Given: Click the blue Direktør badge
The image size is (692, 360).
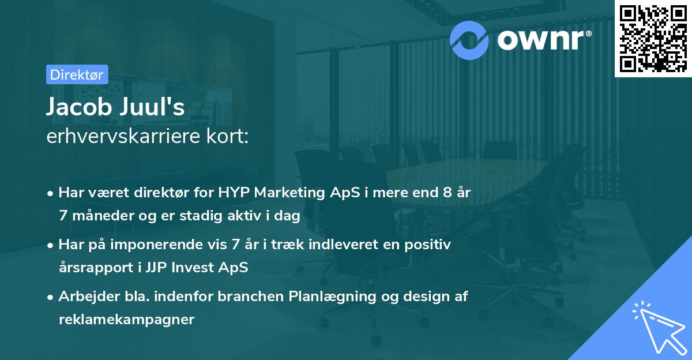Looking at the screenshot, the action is [x=77, y=74].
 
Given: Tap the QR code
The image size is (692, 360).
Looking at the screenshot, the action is [x=653, y=39].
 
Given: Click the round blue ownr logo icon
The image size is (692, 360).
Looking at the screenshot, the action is [x=469, y=40].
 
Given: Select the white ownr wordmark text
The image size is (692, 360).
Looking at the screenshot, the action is [x=544, y=40].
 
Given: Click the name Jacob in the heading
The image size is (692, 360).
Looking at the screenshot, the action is [x=79, y=107].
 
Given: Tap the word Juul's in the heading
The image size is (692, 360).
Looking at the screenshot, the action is [x=152, y=107].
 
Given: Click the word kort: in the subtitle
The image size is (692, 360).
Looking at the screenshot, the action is [x=227, y=136].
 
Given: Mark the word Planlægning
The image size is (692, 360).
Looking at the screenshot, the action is [x=332, y=297].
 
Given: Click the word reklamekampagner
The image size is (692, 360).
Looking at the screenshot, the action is [x=127, y=320].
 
